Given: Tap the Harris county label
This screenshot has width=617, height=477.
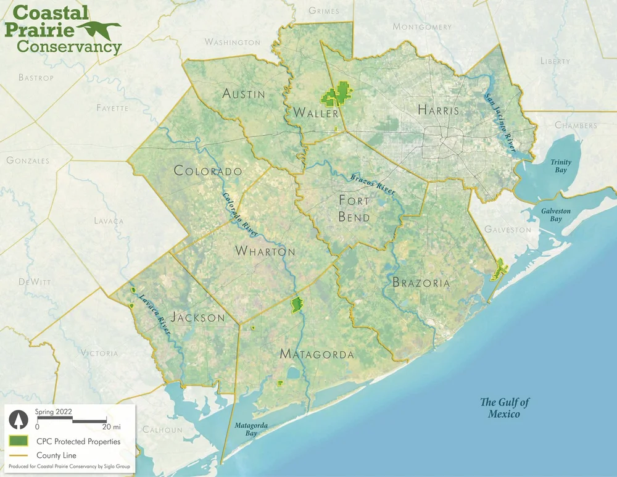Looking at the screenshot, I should point(439,110).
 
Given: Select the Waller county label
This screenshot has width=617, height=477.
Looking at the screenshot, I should point(316,114).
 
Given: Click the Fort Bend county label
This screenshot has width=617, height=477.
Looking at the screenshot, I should point(355,209).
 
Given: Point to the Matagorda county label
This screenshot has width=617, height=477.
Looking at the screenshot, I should point(317,354).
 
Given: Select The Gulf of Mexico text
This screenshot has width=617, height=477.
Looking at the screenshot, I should point(505,408).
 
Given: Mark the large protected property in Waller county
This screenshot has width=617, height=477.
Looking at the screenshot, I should point(336,95).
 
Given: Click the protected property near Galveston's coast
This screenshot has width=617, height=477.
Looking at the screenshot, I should point(499,269).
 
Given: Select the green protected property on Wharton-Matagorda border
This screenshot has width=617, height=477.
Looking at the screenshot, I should point(297,304).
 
